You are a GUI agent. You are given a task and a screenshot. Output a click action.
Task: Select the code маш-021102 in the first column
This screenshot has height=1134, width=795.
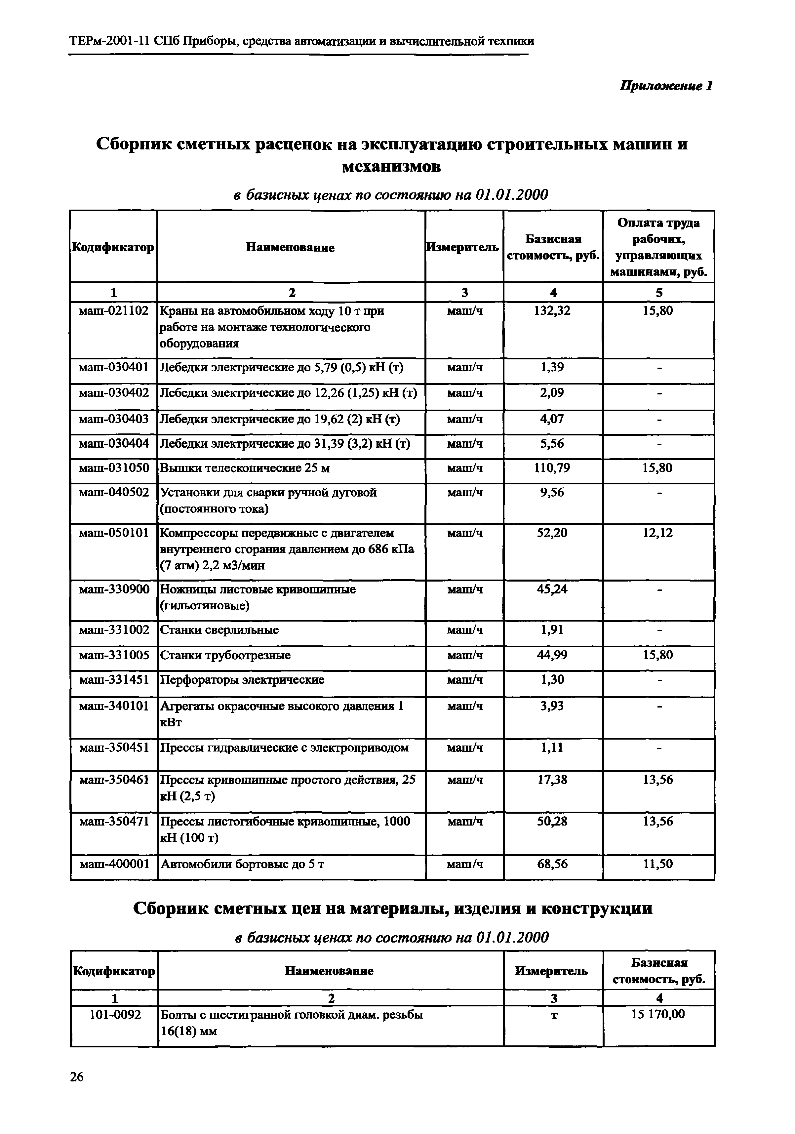[114, 311]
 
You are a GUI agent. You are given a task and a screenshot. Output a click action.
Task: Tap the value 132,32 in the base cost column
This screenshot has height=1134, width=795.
[553, 311]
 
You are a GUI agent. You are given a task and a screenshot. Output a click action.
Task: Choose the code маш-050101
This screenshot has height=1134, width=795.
[114, 533]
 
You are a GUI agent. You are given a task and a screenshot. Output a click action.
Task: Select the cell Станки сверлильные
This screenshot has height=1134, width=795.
[219, 630]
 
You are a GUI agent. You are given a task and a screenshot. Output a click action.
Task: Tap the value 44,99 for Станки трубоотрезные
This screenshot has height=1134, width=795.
[553, 655]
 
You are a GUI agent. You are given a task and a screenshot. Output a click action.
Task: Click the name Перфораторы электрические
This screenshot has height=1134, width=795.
[242, 680]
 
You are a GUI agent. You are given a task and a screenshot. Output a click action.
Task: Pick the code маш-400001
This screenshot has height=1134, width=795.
[114, 864]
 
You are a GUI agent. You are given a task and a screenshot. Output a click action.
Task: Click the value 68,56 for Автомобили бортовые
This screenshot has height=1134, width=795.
[553, 864]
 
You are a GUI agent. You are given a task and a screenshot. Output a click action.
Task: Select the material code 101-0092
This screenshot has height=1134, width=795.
[115, 1015]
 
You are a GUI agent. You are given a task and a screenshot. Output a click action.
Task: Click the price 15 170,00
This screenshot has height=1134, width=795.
[658, 1015]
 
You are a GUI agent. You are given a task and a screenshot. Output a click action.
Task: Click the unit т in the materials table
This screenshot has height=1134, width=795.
[554, 1015]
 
